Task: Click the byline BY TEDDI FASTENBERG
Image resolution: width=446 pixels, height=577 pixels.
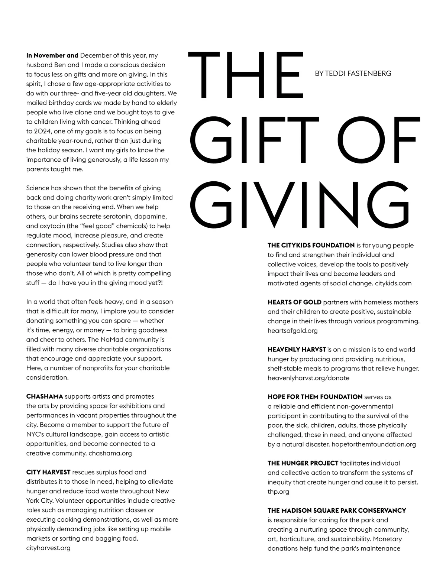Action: click(x=353, y=74)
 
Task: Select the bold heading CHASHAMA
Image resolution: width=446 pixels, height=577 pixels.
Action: click(x=45, y=396)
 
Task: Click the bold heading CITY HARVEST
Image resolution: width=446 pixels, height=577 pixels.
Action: click(x=48, y=472)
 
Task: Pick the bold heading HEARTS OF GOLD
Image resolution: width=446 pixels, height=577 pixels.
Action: click(x=294, y=302)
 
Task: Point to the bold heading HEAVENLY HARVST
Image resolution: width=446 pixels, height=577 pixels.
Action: click(x=297, y=349)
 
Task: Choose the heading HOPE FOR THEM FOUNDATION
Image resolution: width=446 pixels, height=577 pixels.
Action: click(x=315, y=397)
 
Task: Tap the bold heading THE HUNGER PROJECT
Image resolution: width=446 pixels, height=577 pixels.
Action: click(x=303, y=463)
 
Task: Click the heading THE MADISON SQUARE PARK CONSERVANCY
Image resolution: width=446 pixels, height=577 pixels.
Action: click(x=337, y=510)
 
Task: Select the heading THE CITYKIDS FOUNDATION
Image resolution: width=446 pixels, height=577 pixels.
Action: click(x=311, y=245)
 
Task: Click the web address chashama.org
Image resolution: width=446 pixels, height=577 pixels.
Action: click(x=110, y=453)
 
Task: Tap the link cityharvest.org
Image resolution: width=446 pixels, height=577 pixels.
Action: click(x=48, y=548)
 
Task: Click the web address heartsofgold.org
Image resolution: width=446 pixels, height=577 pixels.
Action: click(x=293, y=331)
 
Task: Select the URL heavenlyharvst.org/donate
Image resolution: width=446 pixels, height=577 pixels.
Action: click(x=308, y=378)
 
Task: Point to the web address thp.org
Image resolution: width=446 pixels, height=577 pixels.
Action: click(x=278, y=492)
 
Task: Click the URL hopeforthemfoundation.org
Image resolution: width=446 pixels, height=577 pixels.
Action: click(x=374, y=444)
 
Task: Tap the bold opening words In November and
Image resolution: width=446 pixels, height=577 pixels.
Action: click(x=52, y=55)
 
